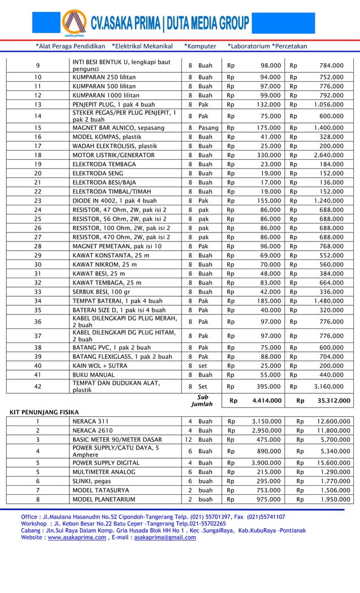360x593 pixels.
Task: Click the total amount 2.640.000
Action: pyautogui.click(x=328, y=155)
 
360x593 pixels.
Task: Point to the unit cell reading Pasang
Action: pyautogui.click(x=209, y=128)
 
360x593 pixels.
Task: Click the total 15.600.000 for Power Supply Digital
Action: pyautogui.click(x=331, y=463)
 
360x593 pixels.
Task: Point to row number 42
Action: pyautogui.click(x=38, y=386)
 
